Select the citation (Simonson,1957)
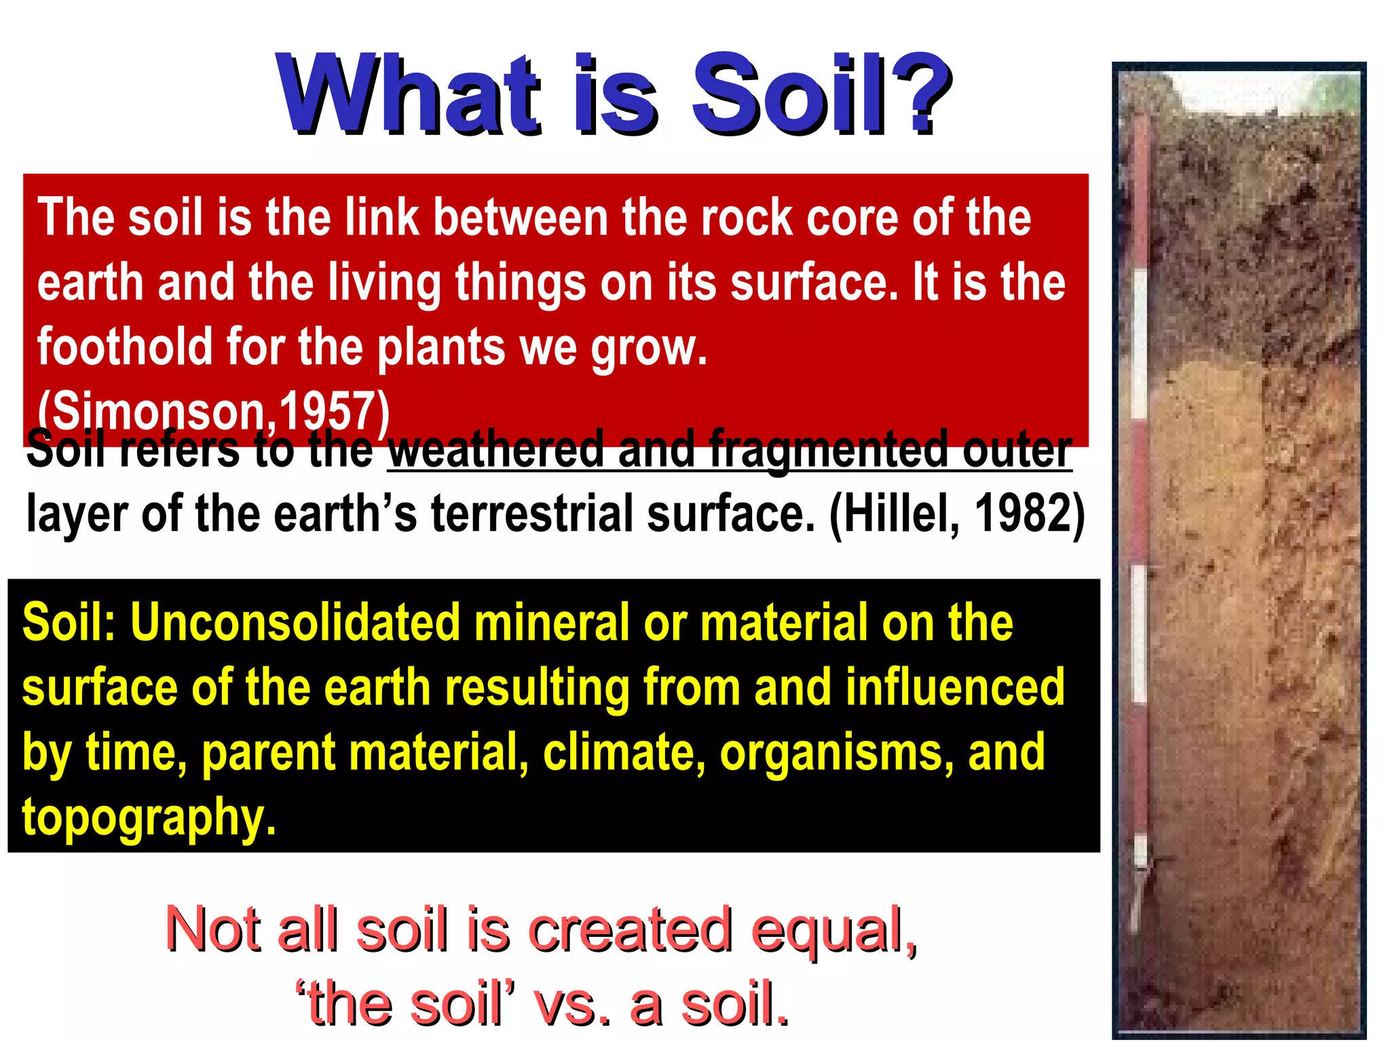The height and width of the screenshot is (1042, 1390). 214,411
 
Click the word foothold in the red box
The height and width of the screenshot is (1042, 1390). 124,347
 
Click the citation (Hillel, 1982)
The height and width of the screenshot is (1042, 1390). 957,514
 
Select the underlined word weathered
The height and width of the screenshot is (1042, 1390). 495,450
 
